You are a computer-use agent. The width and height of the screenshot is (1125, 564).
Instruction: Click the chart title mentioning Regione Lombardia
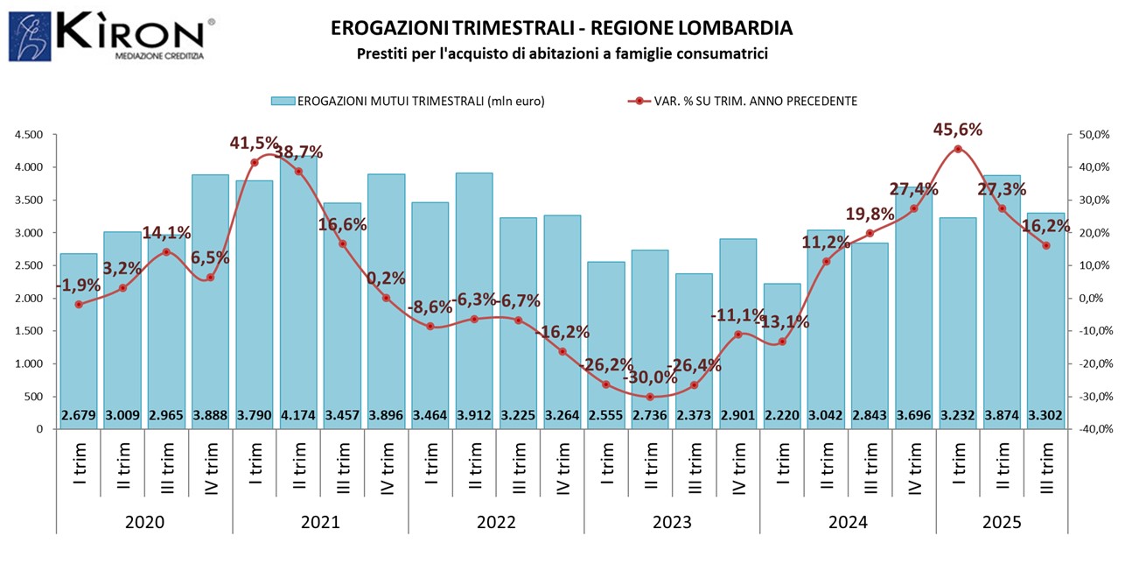[x=562, y=28]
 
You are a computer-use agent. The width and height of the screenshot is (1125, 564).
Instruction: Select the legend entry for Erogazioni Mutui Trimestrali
[x=408, y=101]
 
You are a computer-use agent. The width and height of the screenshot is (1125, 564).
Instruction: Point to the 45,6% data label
[x=958, y=130]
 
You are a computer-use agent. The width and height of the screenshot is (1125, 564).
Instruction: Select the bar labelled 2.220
[x=781, y=350]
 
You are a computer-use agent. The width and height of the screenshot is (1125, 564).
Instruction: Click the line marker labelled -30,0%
[x=650, y=397]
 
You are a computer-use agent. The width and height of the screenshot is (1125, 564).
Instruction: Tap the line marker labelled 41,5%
[x=255, y=162]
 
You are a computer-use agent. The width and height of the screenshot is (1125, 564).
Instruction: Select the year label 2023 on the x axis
[x=672, y=523]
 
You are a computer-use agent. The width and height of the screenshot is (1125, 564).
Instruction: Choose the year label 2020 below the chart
[x=144, y=523]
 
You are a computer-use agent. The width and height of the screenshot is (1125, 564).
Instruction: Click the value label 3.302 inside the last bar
[x=1045, y=415]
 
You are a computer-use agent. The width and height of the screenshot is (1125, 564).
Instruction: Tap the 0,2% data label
[x=386, y=278]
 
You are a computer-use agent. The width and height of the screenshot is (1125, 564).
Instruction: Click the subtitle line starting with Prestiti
[x=562, y=54]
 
